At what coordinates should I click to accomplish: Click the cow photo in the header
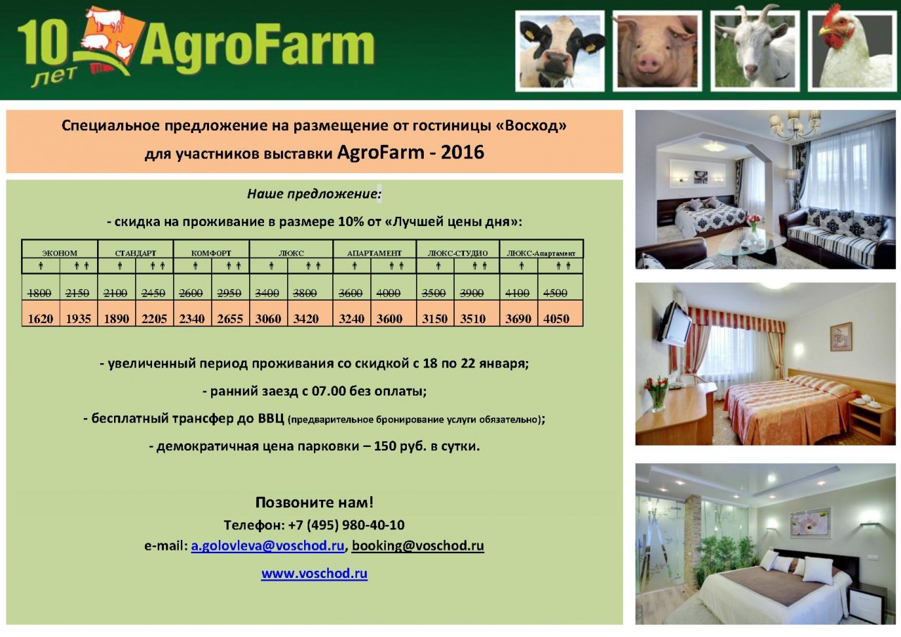point(560,51)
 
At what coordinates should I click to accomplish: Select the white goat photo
point(755,51)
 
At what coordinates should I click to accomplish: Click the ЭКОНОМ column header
point(60,253)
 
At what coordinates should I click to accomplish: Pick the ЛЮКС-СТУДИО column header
point(458,253)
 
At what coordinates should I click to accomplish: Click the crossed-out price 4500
point(555,294)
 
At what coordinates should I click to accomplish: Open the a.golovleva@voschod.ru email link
point(267,545)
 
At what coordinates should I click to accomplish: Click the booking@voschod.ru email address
point(418,545)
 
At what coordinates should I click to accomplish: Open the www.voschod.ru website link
point(314,573)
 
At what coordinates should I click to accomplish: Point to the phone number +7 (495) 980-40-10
point(346,525)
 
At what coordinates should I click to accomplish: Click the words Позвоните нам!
point(314,503)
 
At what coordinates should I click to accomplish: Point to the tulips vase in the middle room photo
point(657,394)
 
